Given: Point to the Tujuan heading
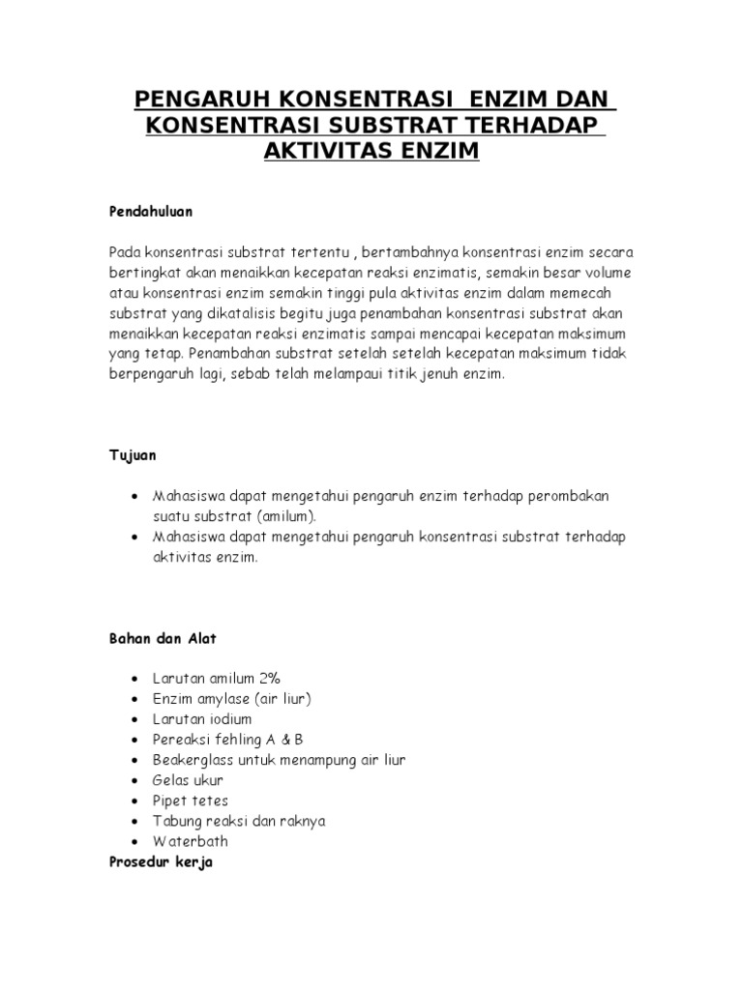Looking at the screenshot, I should click(x=133, y=453).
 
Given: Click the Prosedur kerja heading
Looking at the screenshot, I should click(x=161, y=860).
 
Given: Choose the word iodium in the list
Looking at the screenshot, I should click(x=228, y=719).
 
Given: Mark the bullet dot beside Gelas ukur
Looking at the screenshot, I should click(x=132, y=781).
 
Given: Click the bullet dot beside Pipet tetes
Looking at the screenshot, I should click(x=132, y=801).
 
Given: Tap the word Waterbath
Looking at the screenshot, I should click(x=191, y=841).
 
